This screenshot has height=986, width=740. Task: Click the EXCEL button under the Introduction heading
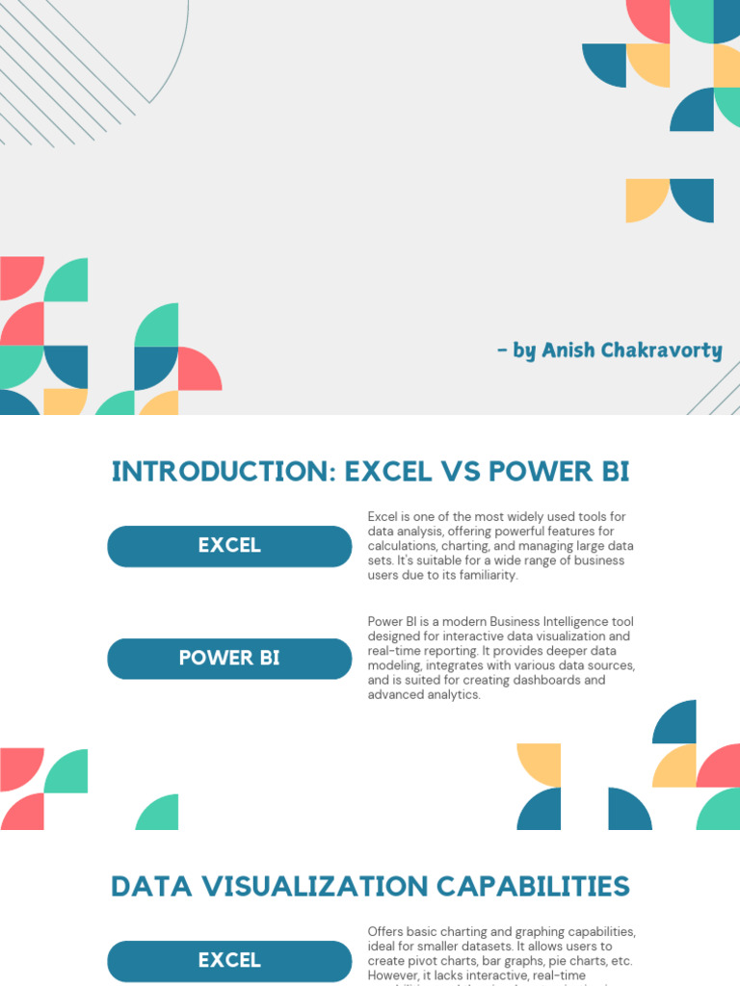[x=229, y=546]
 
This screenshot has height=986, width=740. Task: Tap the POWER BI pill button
[x=229, y=659]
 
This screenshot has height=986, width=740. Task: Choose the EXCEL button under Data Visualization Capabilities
[x=229, y=960]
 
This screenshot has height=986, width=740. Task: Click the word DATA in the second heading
[x=149, y=886]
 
